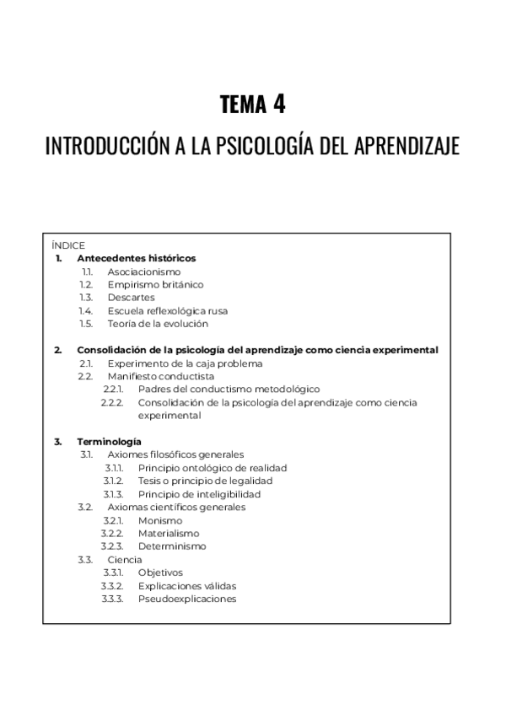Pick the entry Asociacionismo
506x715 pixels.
[143, 271]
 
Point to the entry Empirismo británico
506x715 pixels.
[155, 284]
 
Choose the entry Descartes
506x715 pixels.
[131, 298]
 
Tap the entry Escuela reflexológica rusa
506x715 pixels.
[167, 310]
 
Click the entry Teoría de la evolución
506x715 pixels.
[157, 323]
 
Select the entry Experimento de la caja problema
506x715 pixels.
[185, 363]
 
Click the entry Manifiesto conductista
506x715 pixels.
[160, 376]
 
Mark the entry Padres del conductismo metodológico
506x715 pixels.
[229, 390]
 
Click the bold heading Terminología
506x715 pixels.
[109, 441]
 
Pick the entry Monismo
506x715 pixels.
[160, 520]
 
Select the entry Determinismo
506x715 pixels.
[172, 546]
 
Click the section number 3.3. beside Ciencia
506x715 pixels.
[85, 559]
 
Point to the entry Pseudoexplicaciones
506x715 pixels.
[187, 599]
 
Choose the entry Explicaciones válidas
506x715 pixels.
[187, 585]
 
